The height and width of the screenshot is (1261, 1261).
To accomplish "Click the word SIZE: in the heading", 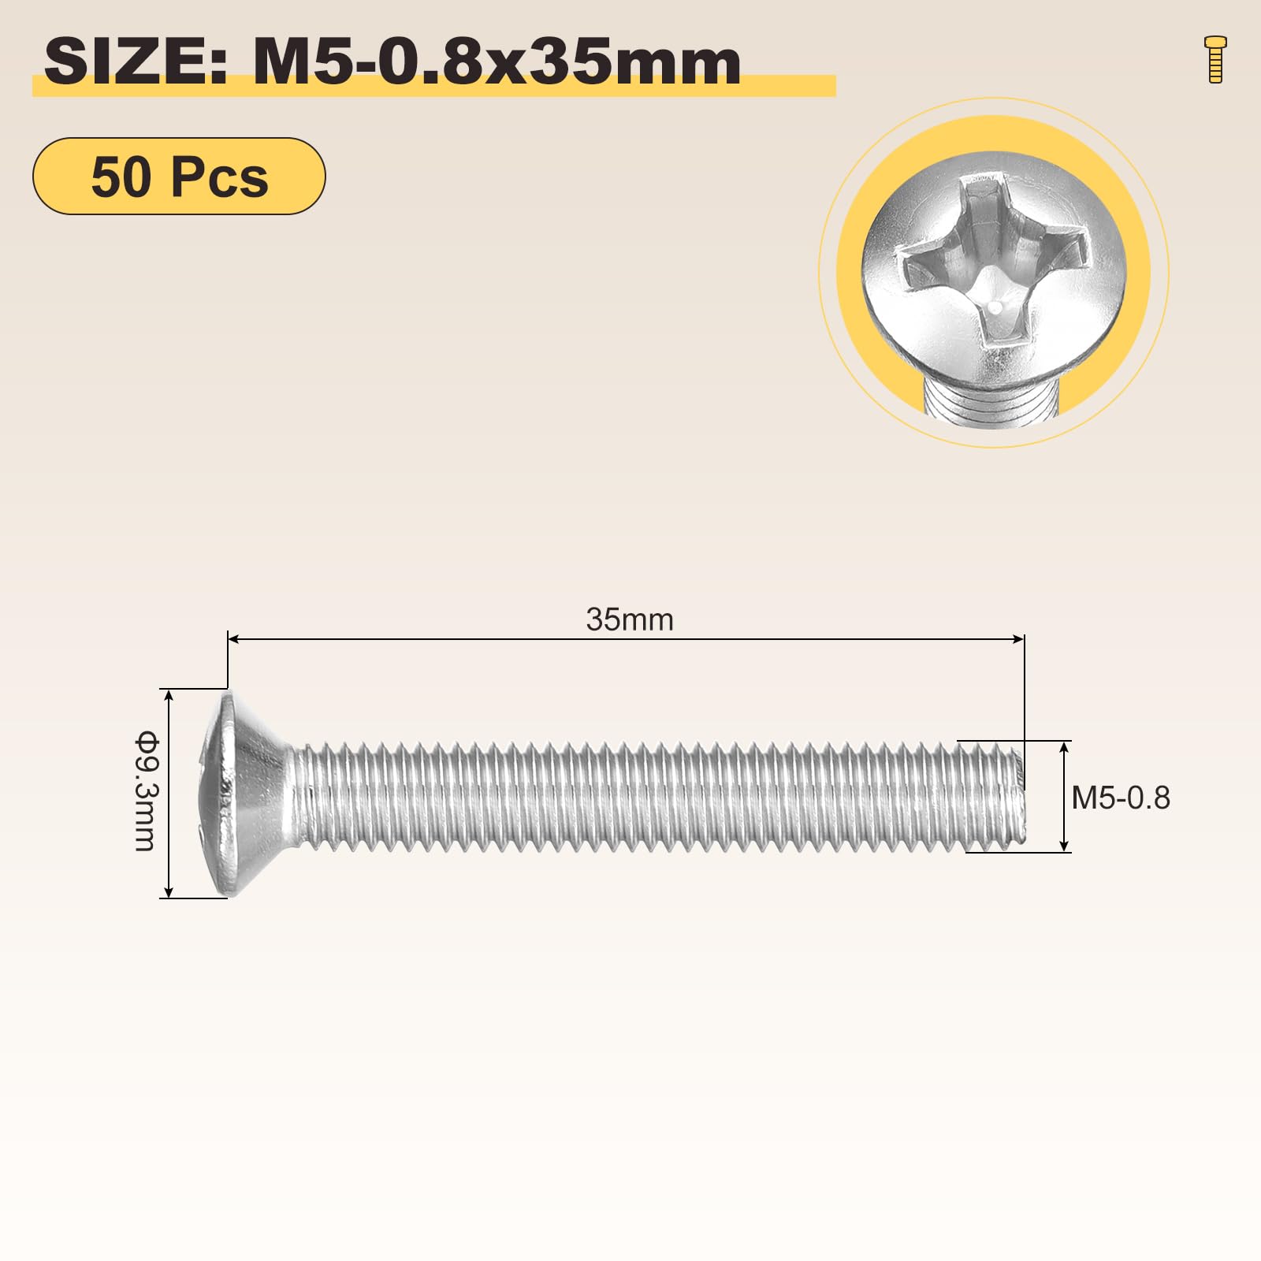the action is (x=136, y=62).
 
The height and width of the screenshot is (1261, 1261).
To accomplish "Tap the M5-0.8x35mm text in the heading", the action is (x=497, y=62).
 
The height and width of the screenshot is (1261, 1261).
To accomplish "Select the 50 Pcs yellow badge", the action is (x=179, y=176).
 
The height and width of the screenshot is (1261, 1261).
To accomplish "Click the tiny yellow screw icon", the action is (x=1215, y=59).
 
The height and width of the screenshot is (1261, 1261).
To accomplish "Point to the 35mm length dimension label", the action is (x=630, y=619).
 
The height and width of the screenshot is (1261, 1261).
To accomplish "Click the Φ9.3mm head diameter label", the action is (x=147, y=792).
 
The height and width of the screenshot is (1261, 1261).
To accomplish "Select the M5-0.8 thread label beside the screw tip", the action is (x=1121, y=798).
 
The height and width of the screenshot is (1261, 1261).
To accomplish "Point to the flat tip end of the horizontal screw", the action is (x=1024, y=797).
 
